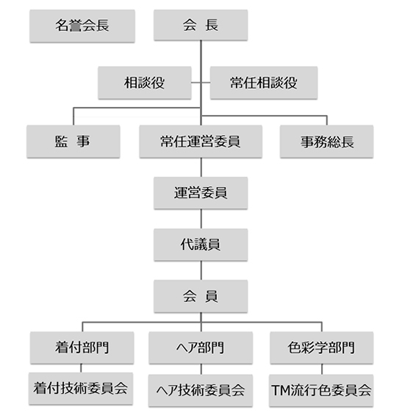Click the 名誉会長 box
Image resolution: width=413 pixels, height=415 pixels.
tap(82, 26)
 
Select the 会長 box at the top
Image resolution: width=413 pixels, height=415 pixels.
tap(201, 25)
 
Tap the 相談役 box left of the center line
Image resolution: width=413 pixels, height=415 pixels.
tap(145, 83)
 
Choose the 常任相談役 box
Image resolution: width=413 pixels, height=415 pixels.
tap(264, 83)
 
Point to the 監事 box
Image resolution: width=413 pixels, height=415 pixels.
tap(73, 142)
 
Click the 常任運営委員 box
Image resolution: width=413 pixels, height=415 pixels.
tap(201, 142)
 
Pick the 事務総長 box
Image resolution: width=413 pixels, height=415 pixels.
tap(327, 142)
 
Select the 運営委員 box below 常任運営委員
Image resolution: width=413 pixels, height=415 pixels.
tap(201, 194)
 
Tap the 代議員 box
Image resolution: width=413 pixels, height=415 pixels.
tap(201, 245)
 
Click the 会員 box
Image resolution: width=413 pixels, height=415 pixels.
tap(201, 296)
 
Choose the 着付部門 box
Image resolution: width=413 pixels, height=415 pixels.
tap(82, 348)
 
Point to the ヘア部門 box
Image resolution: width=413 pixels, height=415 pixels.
tap(201, 348)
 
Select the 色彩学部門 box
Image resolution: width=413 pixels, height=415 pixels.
tap(322, 348)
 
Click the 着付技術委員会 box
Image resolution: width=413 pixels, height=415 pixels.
tap(81, 389)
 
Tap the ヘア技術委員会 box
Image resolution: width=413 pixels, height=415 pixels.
tap(201, 390)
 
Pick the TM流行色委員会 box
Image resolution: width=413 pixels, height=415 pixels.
tap(321, 390)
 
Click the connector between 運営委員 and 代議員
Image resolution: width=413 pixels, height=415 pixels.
tap(201, 219)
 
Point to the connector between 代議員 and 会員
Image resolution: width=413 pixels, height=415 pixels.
tap(201, 271)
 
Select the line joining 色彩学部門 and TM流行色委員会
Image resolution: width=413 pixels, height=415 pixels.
tap(322, 370)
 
